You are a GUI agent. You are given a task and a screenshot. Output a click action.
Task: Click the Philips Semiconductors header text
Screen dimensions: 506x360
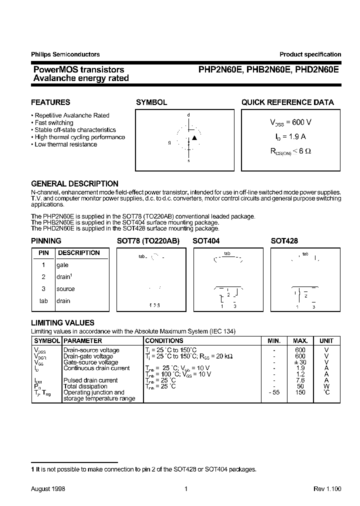(x=65, y=54)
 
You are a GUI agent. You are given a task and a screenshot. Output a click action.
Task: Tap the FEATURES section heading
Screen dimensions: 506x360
(x=50, y=102)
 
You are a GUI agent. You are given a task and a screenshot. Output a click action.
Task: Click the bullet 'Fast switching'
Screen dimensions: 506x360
(x=53, y=122)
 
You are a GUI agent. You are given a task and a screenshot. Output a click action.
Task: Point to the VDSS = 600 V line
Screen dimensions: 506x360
(x=290, y=122)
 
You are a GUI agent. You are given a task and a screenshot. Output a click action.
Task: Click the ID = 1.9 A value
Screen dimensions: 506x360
(x=290, y=136)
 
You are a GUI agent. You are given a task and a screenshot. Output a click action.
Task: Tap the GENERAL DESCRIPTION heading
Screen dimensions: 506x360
(x=74, y=184)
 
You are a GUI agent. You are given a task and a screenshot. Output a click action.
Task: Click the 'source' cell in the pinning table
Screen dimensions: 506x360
(x=65, y=289)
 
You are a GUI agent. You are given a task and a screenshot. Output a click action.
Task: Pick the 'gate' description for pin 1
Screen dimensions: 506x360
(x=62, y=265)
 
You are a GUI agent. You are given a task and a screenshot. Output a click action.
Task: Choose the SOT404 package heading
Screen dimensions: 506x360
(x=206, y=241)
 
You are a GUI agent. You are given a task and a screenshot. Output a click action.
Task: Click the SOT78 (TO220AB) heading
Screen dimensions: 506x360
(x=147, y=241)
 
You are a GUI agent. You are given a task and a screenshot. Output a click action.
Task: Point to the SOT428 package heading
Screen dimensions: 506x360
(x=284, y=241)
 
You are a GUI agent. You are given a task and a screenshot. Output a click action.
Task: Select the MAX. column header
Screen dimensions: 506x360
(x=300, y=340)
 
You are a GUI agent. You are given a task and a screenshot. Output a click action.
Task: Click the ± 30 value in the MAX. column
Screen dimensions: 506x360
(x=300, y=362)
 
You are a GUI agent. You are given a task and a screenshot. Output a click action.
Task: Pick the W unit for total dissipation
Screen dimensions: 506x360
(x=326, y=386)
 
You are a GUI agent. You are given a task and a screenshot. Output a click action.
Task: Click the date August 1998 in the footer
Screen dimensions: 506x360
(x=48, y=488)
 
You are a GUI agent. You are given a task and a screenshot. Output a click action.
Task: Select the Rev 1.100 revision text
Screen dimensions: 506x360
(x=327, y=488)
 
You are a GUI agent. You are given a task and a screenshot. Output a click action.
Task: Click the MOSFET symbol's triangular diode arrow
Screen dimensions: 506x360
(x=194, y=137)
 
